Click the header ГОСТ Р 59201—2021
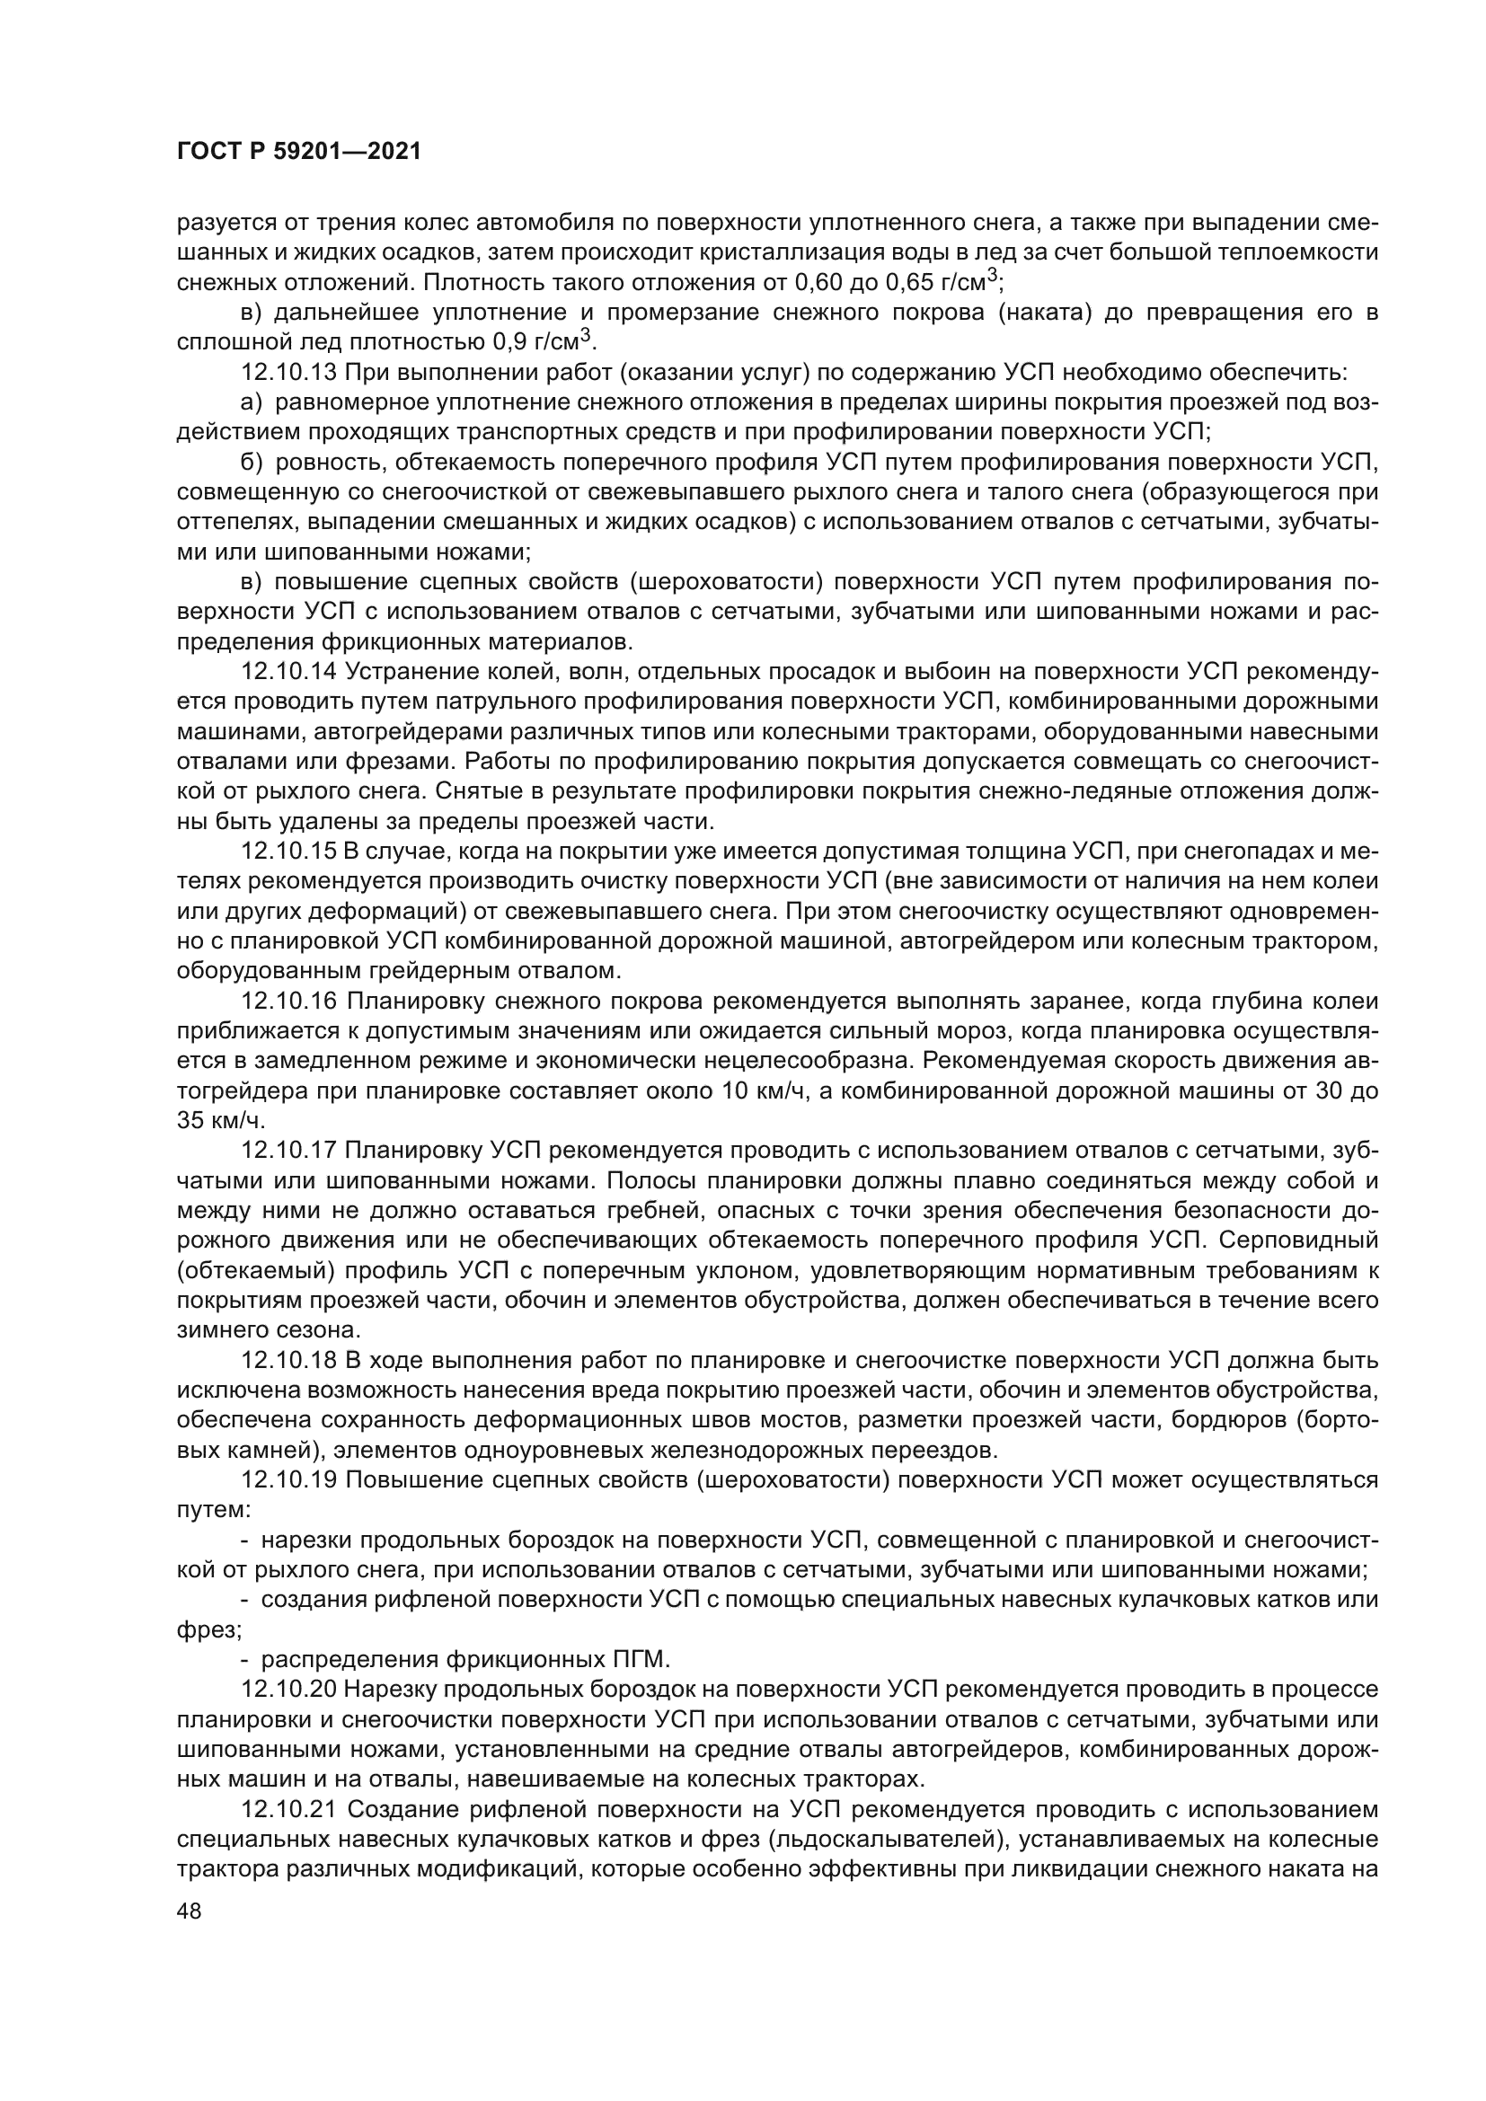[298, 152]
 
